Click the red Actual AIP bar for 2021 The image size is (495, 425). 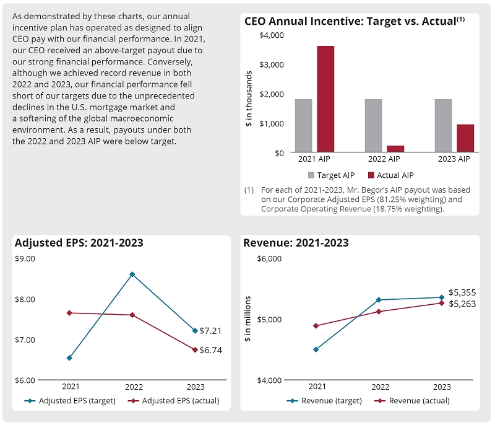click(x=325, y=99)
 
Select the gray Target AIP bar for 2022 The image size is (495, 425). click(x=373, y=126)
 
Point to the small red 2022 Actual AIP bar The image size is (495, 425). click(x=395, y=149)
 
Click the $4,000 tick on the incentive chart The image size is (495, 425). click(x=271, y=35)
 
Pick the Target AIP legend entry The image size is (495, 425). click(x=332, y=175)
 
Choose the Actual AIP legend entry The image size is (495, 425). click(x=390, y=175)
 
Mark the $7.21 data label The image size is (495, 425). click(x=210, y=331)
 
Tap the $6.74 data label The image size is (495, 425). click(x=210, y=350)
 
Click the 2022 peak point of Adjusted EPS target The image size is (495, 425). click(x=132, y=274)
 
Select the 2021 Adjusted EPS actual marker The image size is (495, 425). click(x=69, y=313)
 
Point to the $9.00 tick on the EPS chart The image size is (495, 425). click(x=25, y=258)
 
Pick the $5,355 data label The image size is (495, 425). click(x=462, y=292)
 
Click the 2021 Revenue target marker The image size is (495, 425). click(x=316, y=349)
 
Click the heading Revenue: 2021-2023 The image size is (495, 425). click(x=296, y=243)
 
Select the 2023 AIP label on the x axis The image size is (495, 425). click(x=454, y=159)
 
